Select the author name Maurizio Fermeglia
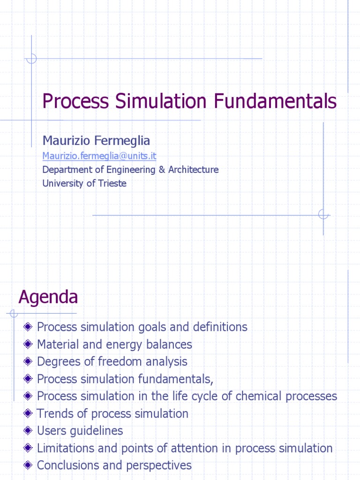coord(96,140)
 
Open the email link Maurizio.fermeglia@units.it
coord(99,155)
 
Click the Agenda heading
coord(48,297)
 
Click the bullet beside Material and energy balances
coord(29,345)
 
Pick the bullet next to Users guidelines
coord(29,431)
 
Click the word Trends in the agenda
coord(52,413)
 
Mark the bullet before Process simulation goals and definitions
coord(29,327)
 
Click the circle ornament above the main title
coord(31,59)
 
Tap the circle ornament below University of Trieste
coord(323,214)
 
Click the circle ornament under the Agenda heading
coord(14,313)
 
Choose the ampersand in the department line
coord(162,169)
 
